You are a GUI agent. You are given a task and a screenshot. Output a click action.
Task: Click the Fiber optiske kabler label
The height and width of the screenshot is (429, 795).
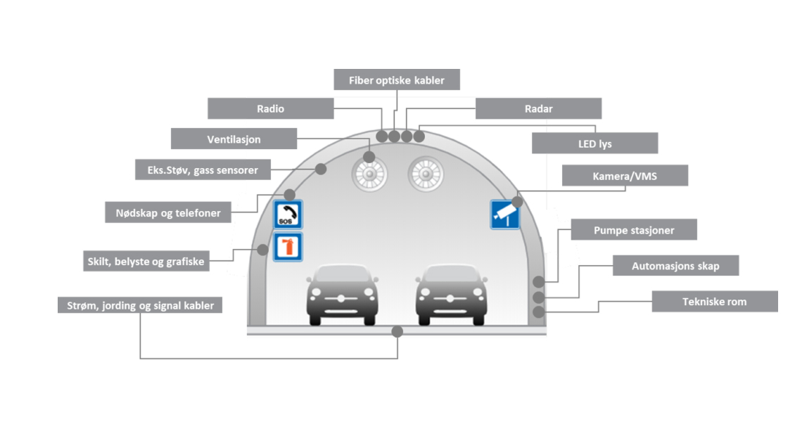pyautogui.click(x=397, y=80)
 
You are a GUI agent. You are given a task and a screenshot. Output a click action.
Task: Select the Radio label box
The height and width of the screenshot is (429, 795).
pyautogui.click(x=271, y=108)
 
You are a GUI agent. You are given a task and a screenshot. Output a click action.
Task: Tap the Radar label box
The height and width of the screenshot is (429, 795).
pyautogui.click(x=538, y=108)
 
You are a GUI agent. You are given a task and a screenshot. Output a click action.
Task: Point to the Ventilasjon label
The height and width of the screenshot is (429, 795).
pyautogui.click(x=234, y=139)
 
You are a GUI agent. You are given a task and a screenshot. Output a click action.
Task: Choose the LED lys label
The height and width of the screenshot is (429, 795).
pyautogui.click(x=594, y=143)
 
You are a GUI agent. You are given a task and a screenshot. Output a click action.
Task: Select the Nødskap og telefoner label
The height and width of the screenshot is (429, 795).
pyautogui.click(x=168, y=212)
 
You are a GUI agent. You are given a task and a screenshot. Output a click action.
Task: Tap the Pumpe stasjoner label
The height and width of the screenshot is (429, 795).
pyautogui.click(x=633, y=230)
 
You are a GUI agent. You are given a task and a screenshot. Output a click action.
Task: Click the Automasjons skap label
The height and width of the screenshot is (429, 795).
pyautogui.click(x=675, y=266)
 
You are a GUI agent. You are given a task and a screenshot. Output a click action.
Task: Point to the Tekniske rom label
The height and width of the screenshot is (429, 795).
pyautogui.click(x=714, y=301)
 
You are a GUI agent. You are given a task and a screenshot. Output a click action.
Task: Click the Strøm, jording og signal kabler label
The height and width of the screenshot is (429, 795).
pyautogui.click(x=140, y=305)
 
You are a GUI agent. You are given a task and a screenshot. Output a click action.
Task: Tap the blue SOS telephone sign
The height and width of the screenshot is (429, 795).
pyautogui.click(x=288, y=214)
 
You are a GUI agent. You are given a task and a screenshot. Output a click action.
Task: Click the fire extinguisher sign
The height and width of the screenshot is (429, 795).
pyautogui.click(x=288, y=247)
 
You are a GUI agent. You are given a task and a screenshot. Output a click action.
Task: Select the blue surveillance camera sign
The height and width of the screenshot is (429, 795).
pyautogui.click(x=504, y=214)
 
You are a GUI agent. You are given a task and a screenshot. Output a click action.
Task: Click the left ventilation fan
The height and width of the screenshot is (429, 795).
pyautogui.click(x=369, y=174)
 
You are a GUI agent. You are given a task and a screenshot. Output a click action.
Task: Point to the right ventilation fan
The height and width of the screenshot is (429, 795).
pyautogui.click(x=426, y=174)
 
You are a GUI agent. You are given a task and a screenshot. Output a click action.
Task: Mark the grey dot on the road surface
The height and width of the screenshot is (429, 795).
pyautogui.click(x=397, y=331)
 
